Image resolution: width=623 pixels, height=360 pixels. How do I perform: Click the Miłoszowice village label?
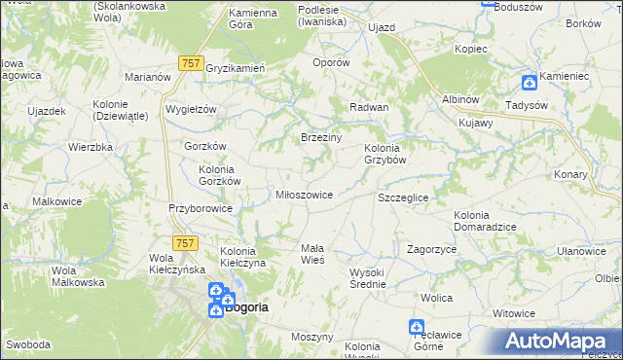[x=306, y=195]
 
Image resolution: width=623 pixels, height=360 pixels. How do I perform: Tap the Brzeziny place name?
[x=320, y=138]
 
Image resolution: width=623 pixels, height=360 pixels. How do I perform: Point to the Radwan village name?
[x=369, y=107]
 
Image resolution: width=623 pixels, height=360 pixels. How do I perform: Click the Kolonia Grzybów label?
[x=385, y=154]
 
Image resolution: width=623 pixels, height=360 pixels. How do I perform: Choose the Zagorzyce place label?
[x=432, y=249]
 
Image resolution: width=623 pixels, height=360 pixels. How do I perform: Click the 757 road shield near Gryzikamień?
[x=190, y=62]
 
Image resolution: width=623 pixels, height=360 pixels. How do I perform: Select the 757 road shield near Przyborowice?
[x=185, y=242]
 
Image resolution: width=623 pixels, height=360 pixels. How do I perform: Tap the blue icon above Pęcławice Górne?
[x=417, y=328]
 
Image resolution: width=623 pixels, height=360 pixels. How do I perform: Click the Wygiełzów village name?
[x=191, y=109]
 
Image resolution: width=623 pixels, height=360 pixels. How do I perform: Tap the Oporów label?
[x=330, y=62]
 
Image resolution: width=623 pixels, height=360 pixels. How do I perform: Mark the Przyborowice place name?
[x=200, y=208]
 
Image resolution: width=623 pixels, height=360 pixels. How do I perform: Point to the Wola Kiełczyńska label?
[x=175, y=264]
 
